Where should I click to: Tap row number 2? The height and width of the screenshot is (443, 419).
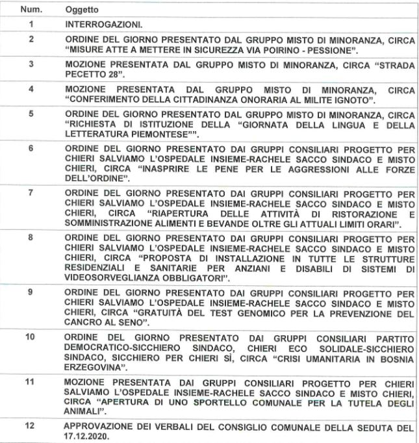31,40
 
